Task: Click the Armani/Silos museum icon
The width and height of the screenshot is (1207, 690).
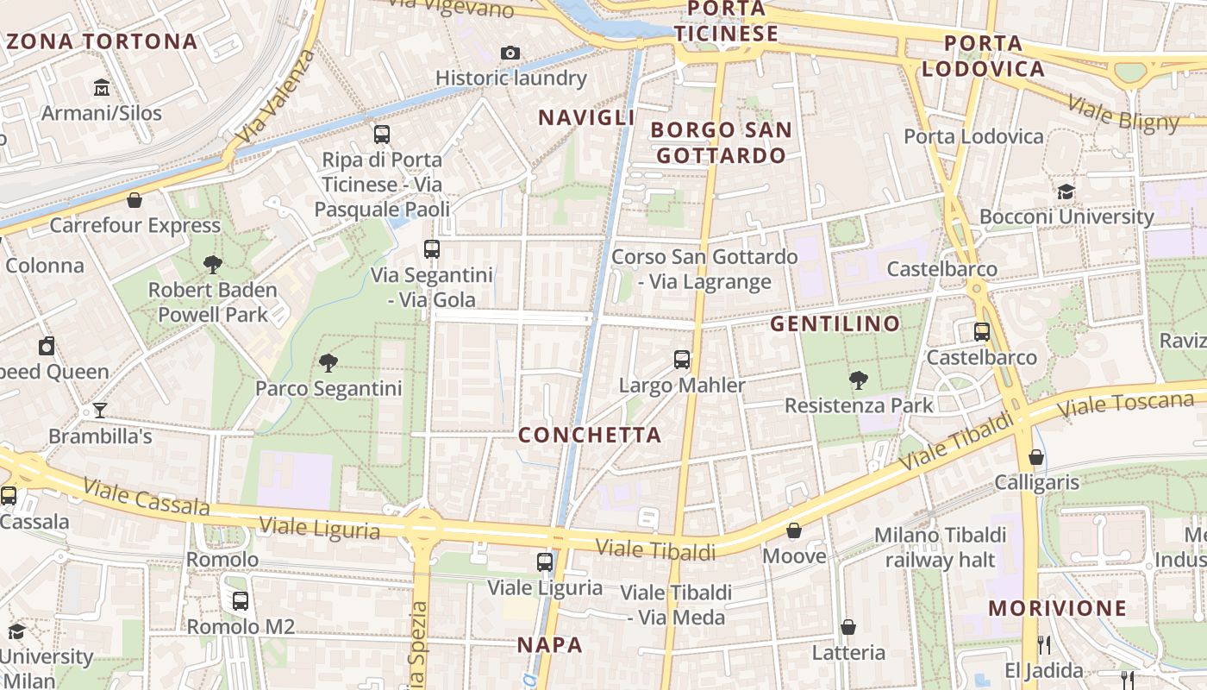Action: tap(102, 87)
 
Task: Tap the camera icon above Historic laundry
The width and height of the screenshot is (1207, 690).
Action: tap(510, 53)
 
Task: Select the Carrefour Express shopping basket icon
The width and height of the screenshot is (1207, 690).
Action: tap(134, 201)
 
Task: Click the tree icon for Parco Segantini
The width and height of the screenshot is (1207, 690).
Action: tap(328, 363)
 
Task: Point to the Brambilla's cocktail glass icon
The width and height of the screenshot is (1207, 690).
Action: tap(100, 411)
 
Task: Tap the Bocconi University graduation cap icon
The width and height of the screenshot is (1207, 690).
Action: tap(1066, 191)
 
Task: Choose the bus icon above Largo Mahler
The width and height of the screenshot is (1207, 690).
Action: tap(682, 360)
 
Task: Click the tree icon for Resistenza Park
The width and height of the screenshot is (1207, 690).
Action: tap(858, 379)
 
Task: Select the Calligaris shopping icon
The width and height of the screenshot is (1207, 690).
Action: tap(1036, 457)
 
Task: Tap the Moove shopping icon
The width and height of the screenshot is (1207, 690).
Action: tap(794, 530)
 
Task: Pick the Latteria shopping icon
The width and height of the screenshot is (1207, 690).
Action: tap(848, 627)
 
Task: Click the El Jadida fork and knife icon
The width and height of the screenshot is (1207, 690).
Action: tap(1043, 644)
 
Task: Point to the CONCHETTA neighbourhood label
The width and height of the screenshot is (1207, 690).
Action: tap(590, 435)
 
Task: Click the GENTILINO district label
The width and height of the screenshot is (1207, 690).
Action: tap(835, 324)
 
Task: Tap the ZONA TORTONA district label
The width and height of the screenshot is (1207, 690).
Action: tap(102, 41)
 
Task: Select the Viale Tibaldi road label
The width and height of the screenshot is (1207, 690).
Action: tap(655, 549)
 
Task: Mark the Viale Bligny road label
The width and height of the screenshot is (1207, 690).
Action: tap(1123, 114)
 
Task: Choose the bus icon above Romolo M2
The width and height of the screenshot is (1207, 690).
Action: tap(241, 601)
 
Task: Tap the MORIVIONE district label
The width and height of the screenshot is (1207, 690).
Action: tap(1057, 608)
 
